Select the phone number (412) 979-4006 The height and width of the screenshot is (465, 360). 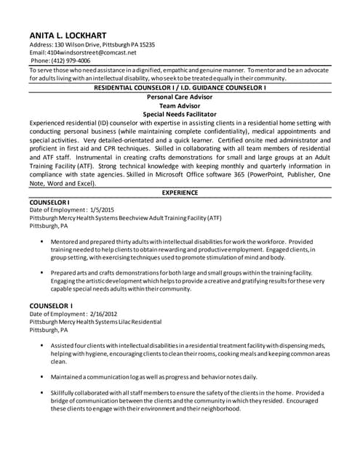71,61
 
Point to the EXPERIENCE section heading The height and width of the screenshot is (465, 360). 179,193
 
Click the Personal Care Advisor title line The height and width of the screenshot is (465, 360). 180,96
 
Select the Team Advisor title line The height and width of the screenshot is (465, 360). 180,105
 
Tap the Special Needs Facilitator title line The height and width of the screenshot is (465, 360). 180,114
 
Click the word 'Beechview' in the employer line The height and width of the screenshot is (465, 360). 137,217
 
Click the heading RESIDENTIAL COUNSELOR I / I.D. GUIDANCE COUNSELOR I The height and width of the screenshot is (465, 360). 180,87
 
